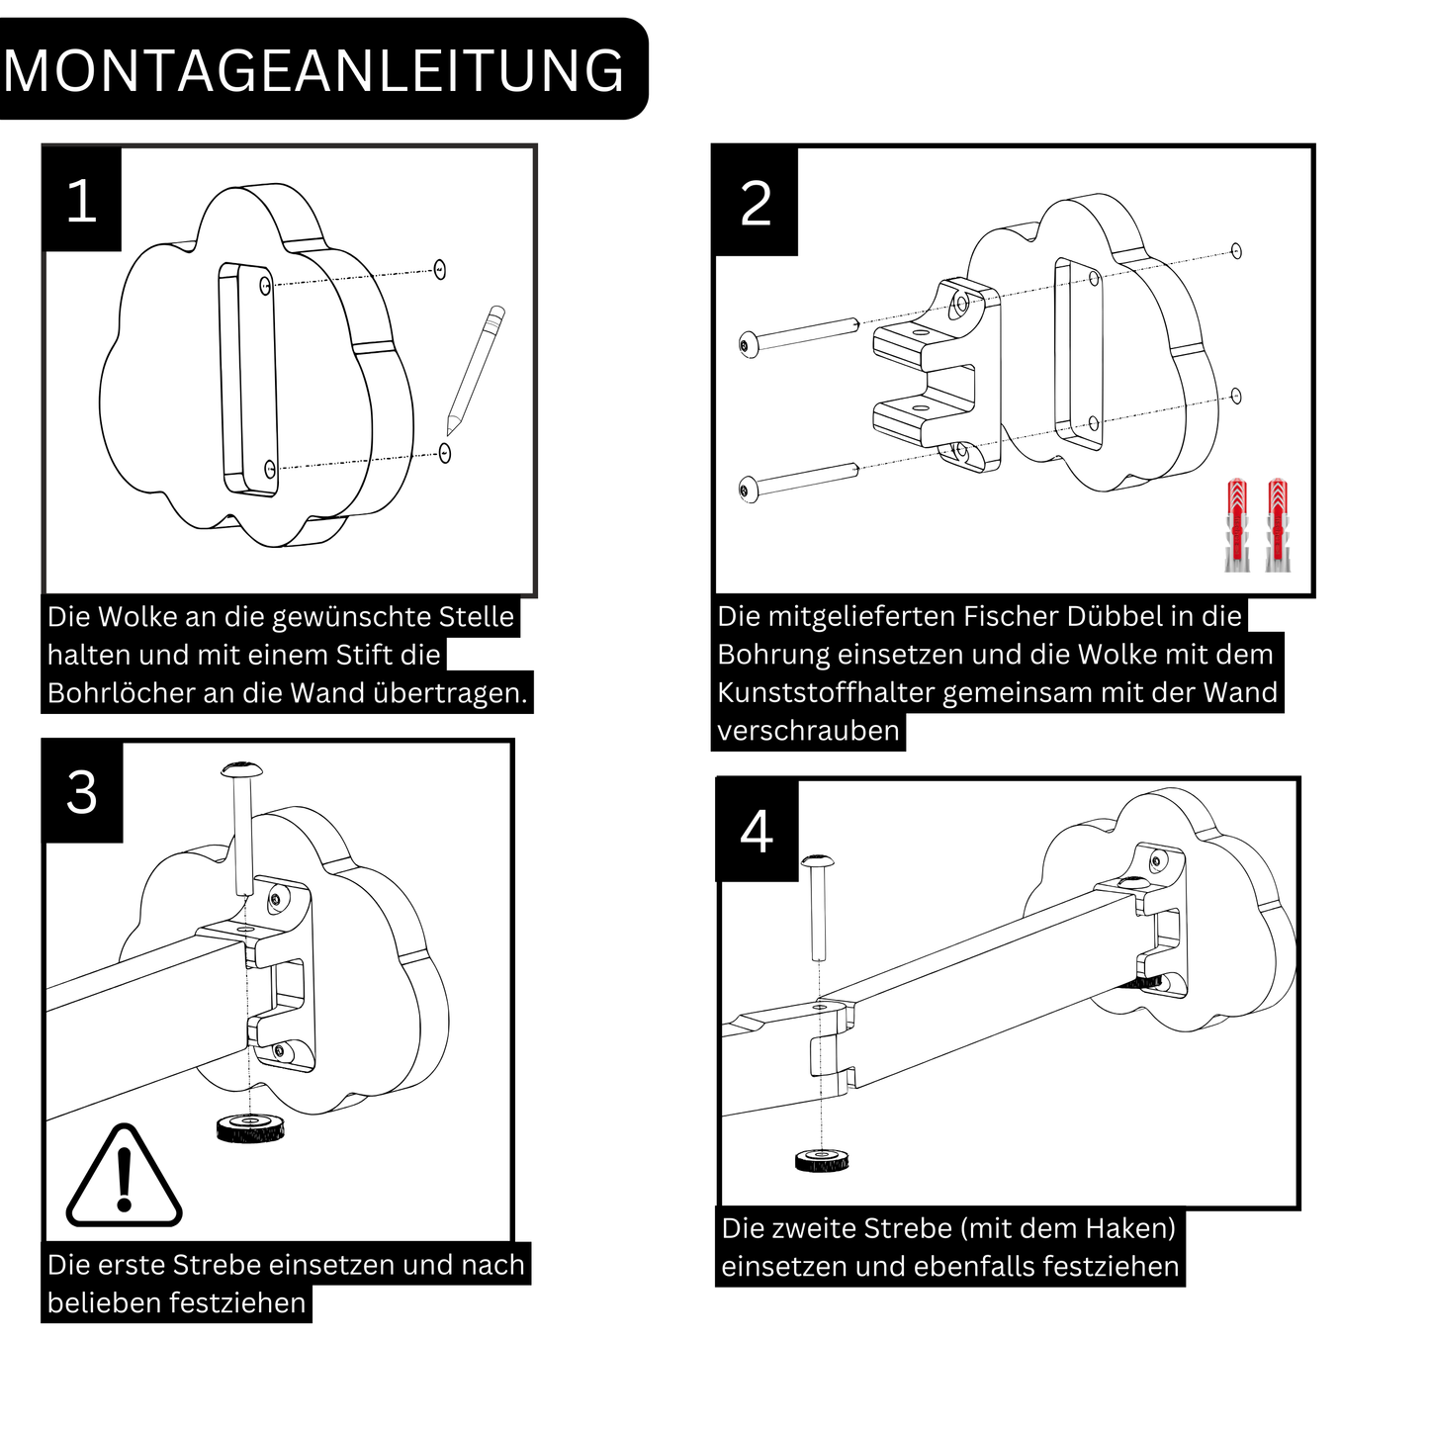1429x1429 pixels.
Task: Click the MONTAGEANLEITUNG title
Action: point(314,70)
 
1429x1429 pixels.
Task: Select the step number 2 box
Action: point(756,204)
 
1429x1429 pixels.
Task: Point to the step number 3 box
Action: point(82,793)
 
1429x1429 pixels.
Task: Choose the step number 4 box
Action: point(757,832)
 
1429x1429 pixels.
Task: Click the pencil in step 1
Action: point(476,371)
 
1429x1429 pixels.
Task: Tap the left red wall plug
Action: point(1237,524)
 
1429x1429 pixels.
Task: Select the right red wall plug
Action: point(1278,524)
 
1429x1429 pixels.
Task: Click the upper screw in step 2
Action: point(799,334)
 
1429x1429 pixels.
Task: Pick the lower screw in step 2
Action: point(798,479)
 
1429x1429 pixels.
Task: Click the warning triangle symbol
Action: point(124,1179)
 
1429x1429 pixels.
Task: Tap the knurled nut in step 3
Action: point(250,1127)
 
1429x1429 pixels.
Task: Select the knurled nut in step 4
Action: point(822,1159)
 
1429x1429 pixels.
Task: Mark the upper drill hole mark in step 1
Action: point(440,269)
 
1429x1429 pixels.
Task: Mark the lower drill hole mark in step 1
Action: point(445,453)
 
